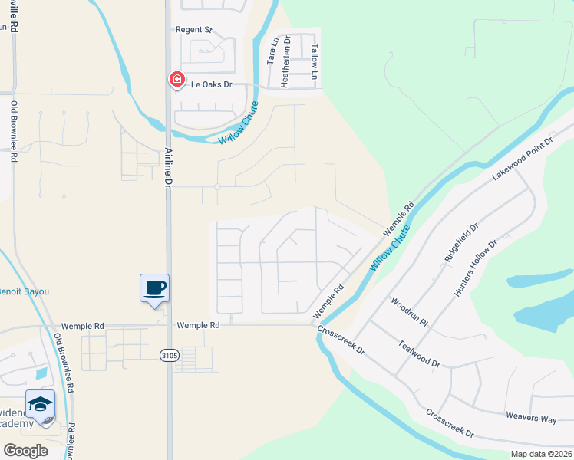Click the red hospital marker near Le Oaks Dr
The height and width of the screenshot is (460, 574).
[177, 79]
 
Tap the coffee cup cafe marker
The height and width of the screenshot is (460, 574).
[154, 288]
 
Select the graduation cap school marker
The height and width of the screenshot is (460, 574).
[40, 404]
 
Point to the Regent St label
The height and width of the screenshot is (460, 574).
[193, 30]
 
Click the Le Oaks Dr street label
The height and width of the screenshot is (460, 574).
[211, 85]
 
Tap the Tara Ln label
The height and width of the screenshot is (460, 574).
[271, 51]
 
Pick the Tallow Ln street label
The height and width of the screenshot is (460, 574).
[314, 62]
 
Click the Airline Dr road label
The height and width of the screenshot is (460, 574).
[167, 168]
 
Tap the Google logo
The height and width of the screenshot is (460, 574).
[25, 450]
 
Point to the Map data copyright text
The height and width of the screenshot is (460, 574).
[540, 454]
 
